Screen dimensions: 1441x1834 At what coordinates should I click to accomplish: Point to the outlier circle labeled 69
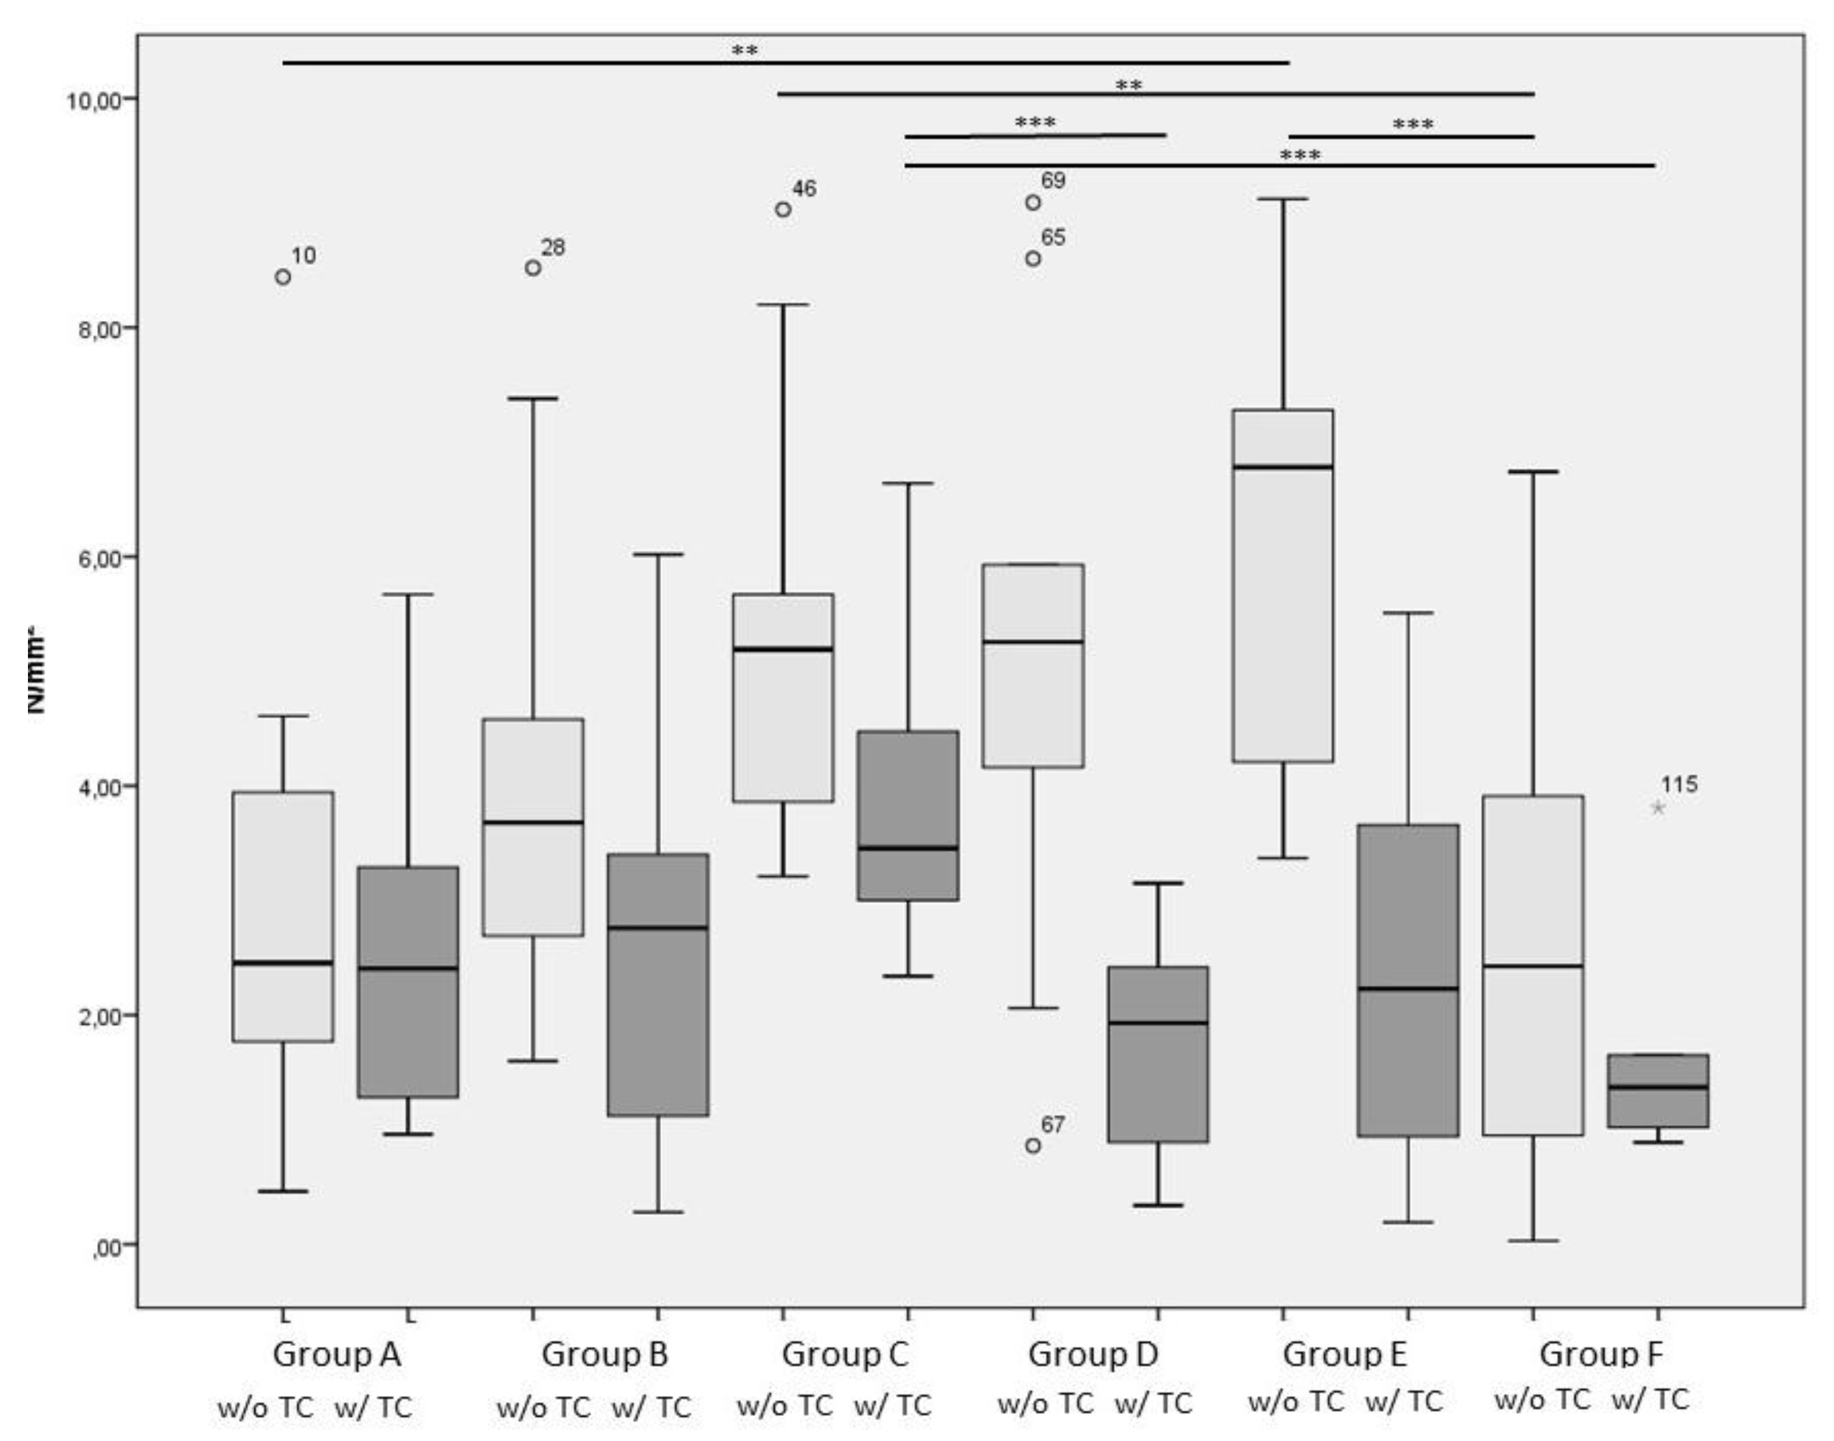(x=1032, y=203)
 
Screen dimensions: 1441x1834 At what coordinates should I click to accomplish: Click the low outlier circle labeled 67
(x=1032, y=1146)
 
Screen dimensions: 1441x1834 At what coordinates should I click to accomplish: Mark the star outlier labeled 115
(x=1658, y=808)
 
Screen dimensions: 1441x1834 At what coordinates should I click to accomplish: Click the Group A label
(x=336, y=1355)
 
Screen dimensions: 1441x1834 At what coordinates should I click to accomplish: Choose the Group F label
(x=1600, y=1355)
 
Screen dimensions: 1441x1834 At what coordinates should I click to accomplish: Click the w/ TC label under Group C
(x=892, y=1405)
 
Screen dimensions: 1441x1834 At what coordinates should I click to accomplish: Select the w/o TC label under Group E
(x=1295, y=1402)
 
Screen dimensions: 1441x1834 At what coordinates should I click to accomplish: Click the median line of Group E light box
(x=1283, y=466)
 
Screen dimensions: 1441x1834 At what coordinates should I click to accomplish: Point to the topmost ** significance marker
(x=744, y=51)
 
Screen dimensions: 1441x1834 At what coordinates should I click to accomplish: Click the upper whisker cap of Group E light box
(x=1283, y=199)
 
